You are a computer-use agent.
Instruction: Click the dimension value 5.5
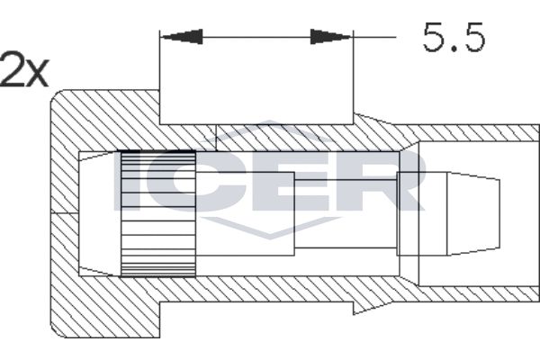pyautogui.click(x=454, y=37)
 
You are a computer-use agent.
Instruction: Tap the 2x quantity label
pyautogui.click(x=23, y=69)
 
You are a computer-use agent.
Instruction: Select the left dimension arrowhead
pyautogui.click(x=182, y=37)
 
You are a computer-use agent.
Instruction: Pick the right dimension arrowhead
pyautogui.click(x=331, y=37)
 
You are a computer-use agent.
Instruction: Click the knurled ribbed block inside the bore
pyautogui.click(x=158, y=214)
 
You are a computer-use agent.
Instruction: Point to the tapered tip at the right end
pyautogui.click(x=473, y=213)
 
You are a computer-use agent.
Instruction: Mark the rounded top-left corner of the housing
pyautogui.click(x=56, y=95)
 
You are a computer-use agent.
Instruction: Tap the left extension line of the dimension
pyautogui.click(x=159, y=77)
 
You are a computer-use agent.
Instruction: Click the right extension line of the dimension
pyautogui.click(x=354, y=77)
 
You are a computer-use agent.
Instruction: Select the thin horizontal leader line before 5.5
pyautogui.click(x=374, y=37)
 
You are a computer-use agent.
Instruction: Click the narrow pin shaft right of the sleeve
pyautogui.click(x=346, y=213)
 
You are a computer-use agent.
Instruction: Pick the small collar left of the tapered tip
pyautogui.click(x=422, y=213)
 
